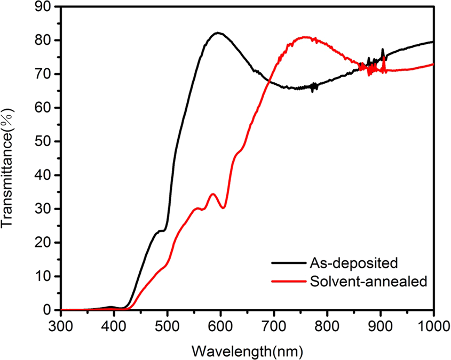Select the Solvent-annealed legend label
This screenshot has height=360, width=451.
(368, 282)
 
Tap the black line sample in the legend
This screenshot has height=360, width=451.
(287, 263)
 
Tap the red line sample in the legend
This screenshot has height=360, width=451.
(287, 282)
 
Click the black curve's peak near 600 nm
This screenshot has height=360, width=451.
(217, 33)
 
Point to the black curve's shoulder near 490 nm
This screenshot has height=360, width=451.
(161, 231)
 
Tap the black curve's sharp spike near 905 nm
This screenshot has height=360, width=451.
(382, 50)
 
